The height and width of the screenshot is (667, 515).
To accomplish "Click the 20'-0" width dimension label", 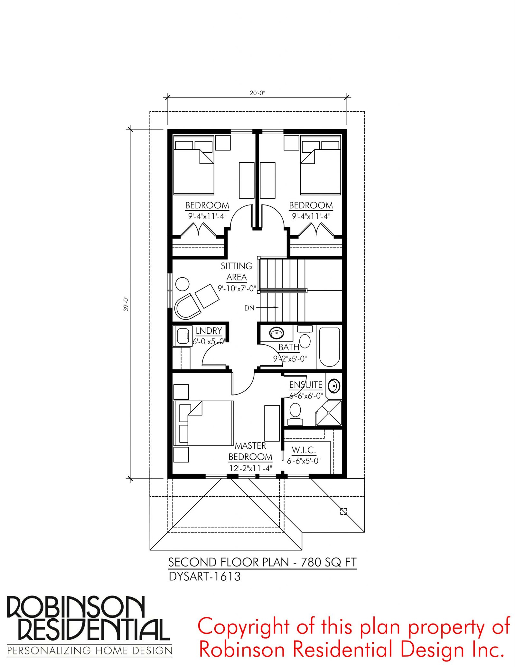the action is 257,93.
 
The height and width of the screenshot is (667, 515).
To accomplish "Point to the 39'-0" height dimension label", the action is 126,304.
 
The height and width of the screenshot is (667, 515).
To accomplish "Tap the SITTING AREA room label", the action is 237,272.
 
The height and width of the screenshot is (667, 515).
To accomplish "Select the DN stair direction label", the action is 249,308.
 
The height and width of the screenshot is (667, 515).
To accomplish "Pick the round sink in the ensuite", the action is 334,386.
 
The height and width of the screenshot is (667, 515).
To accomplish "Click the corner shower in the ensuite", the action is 328,413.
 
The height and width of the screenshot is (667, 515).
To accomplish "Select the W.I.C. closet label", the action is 304,450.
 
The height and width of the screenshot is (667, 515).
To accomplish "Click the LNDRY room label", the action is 209,331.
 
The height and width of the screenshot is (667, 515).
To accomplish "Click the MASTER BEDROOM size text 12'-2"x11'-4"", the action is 251,468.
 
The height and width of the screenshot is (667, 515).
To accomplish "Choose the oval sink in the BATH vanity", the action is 276,333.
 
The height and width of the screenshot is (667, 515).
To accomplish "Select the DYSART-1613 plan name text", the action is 205,576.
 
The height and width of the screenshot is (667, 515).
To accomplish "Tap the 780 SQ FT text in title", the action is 329,562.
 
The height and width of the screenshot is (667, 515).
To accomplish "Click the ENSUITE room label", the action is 305,385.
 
